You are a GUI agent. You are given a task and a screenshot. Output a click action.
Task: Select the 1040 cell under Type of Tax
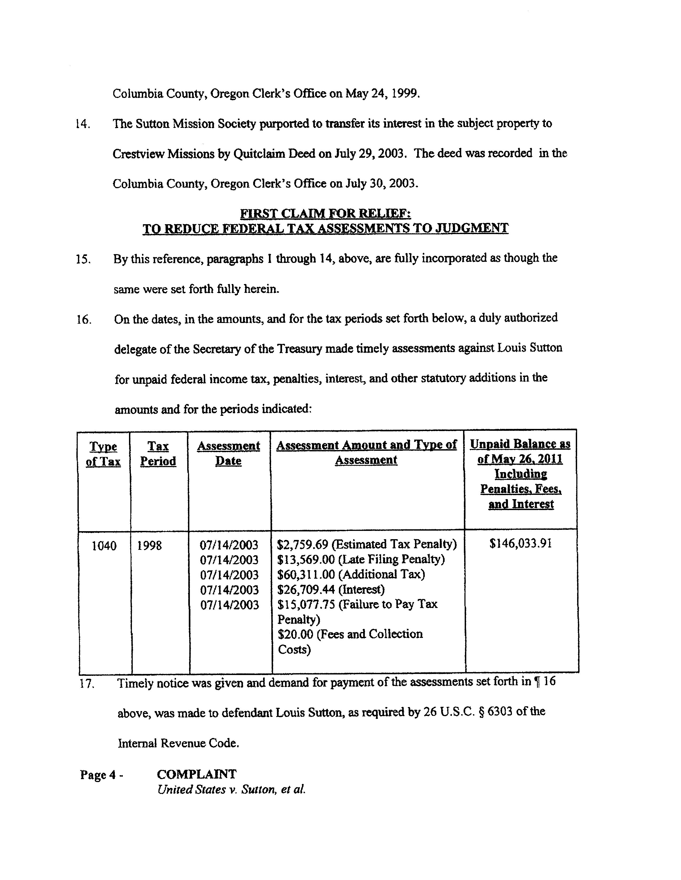[x=104, y=546]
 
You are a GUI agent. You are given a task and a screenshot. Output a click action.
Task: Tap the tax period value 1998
[x=149, y=546]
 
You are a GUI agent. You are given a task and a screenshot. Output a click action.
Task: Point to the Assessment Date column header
[x=228, y=453]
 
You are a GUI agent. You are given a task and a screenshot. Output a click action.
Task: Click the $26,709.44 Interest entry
[x=331, y=590]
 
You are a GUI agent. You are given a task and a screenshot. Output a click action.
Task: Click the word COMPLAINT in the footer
[x=196, y=774]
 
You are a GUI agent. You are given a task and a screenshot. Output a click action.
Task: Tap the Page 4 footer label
[x=101, y=775]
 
